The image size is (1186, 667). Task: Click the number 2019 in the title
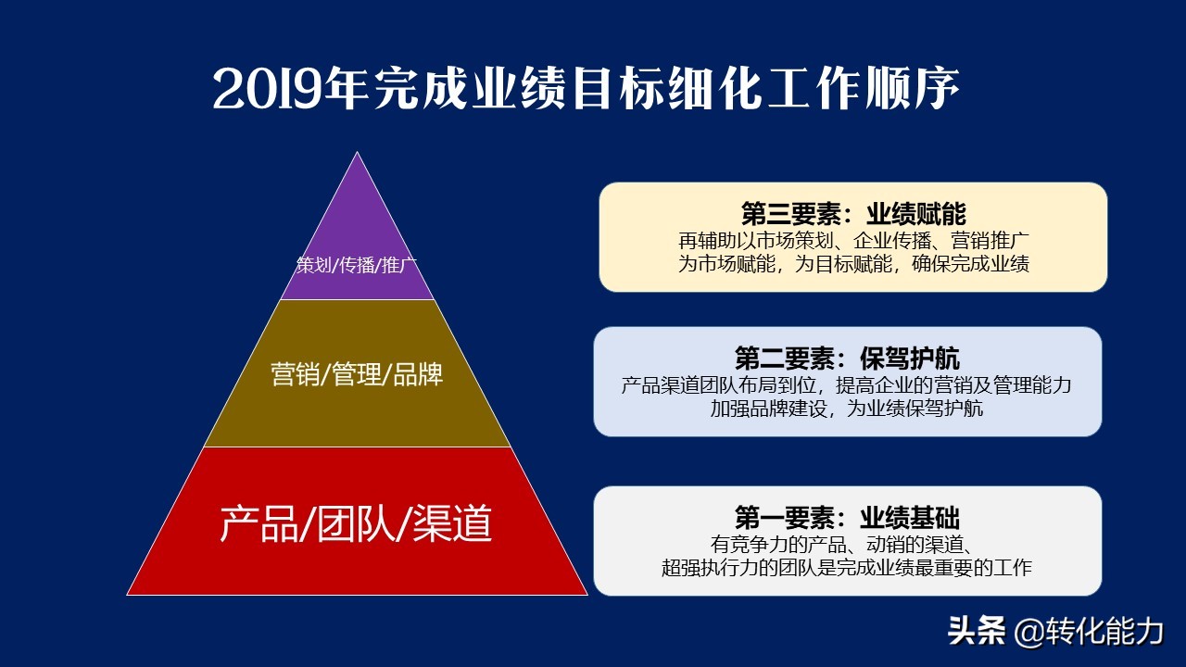(x=269, y=90)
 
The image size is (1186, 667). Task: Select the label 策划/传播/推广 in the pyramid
(x=357, y=265)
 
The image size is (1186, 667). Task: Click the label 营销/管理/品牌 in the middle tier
(x=357, y=374)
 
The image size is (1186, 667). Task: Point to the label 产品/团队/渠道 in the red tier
(x=356, y=523)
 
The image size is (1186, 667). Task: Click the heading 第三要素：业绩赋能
(x=853, y=214)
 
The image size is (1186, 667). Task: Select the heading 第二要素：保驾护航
(x=847, y=359)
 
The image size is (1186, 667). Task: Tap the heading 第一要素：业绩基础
(x=847, y=517)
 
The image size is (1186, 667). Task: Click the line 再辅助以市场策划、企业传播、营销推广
(x=853, y=241)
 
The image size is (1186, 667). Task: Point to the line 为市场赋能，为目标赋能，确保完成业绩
(x=853, y=264)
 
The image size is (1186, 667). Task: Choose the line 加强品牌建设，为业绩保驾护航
(x=847, y=409)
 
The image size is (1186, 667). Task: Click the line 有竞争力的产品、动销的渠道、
(x=843, y=544)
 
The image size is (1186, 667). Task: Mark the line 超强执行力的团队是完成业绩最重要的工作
(x=847, y=568)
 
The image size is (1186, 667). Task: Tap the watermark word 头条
(x=977, y=631)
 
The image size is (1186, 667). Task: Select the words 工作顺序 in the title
(x=864, y=88)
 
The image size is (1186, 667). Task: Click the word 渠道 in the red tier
(x=453, y=523)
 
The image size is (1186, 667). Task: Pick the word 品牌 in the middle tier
(x=418, y=374)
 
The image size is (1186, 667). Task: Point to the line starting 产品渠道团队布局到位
(x=846, y=385)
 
